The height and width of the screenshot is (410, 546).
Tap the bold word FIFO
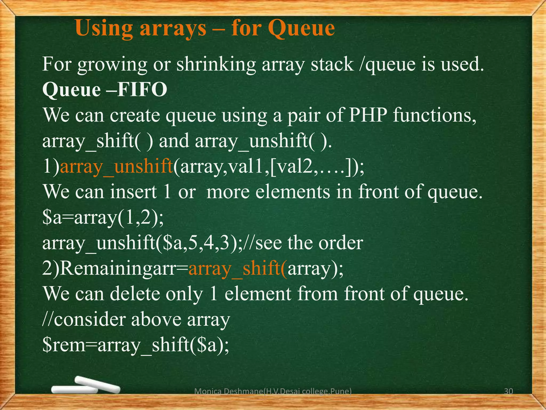tap(142, 90)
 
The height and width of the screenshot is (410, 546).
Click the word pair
tap(303, 116)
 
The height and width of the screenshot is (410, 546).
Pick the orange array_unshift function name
tap(117, 167)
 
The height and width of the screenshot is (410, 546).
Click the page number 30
tap(508, 392)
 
